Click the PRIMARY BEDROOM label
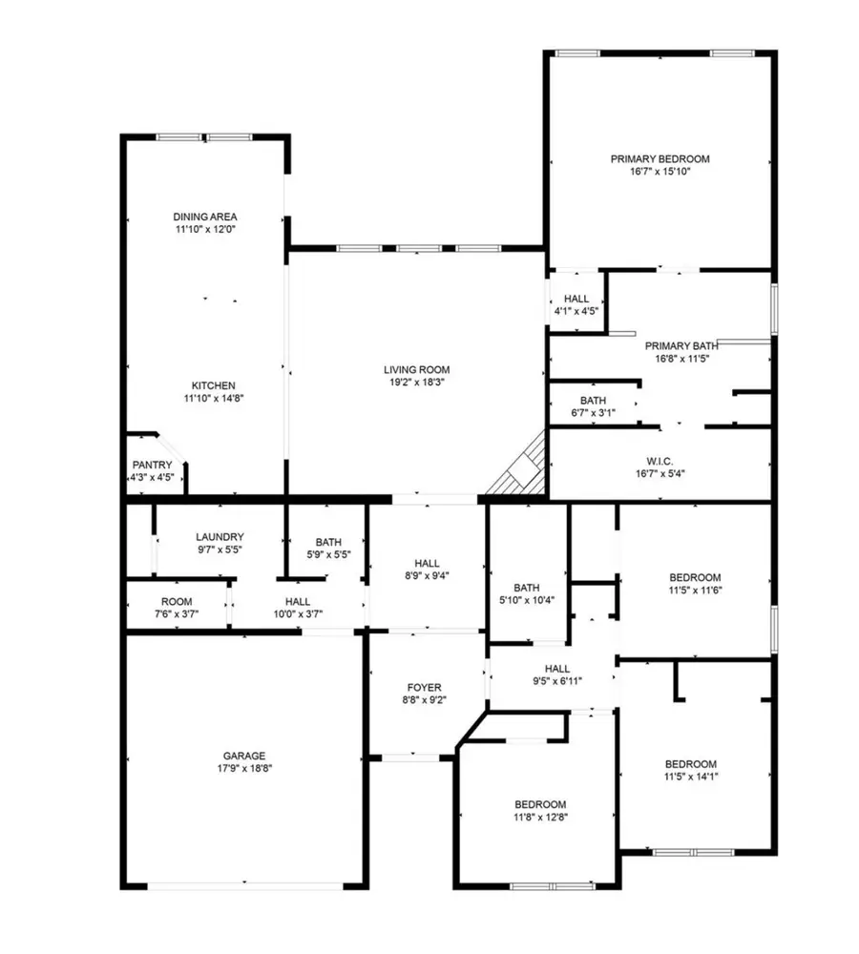click(x=660, y=159)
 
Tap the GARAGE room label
click(x=245, y=756)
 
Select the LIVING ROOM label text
click(x=416, y=370)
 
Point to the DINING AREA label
click(x=205, y=217)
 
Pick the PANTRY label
click(x=152, y=465)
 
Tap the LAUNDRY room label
click(x=220, y=537)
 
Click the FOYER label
click(x=424, y=686)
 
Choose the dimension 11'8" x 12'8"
click(x=541, y=817)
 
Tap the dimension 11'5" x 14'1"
click(x=690, y=777)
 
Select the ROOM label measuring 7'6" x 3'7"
click(x=177, y=601)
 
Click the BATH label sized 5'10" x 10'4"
click(x=527, y=588)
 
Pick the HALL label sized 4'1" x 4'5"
click(x=576, y=299)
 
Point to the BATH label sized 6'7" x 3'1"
click(x=593, y=400)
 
